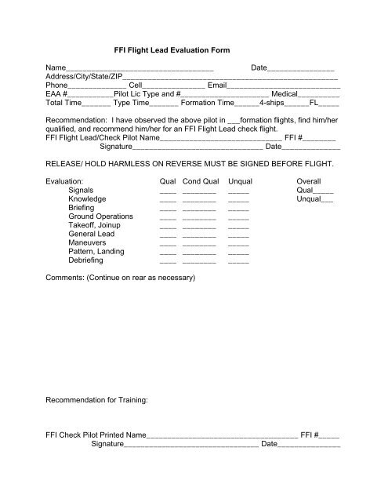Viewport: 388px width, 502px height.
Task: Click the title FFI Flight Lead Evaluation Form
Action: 172,51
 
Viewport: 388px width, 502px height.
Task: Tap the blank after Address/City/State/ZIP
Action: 231,78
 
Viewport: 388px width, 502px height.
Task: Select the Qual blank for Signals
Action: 168,190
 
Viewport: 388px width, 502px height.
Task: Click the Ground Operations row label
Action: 100,216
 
